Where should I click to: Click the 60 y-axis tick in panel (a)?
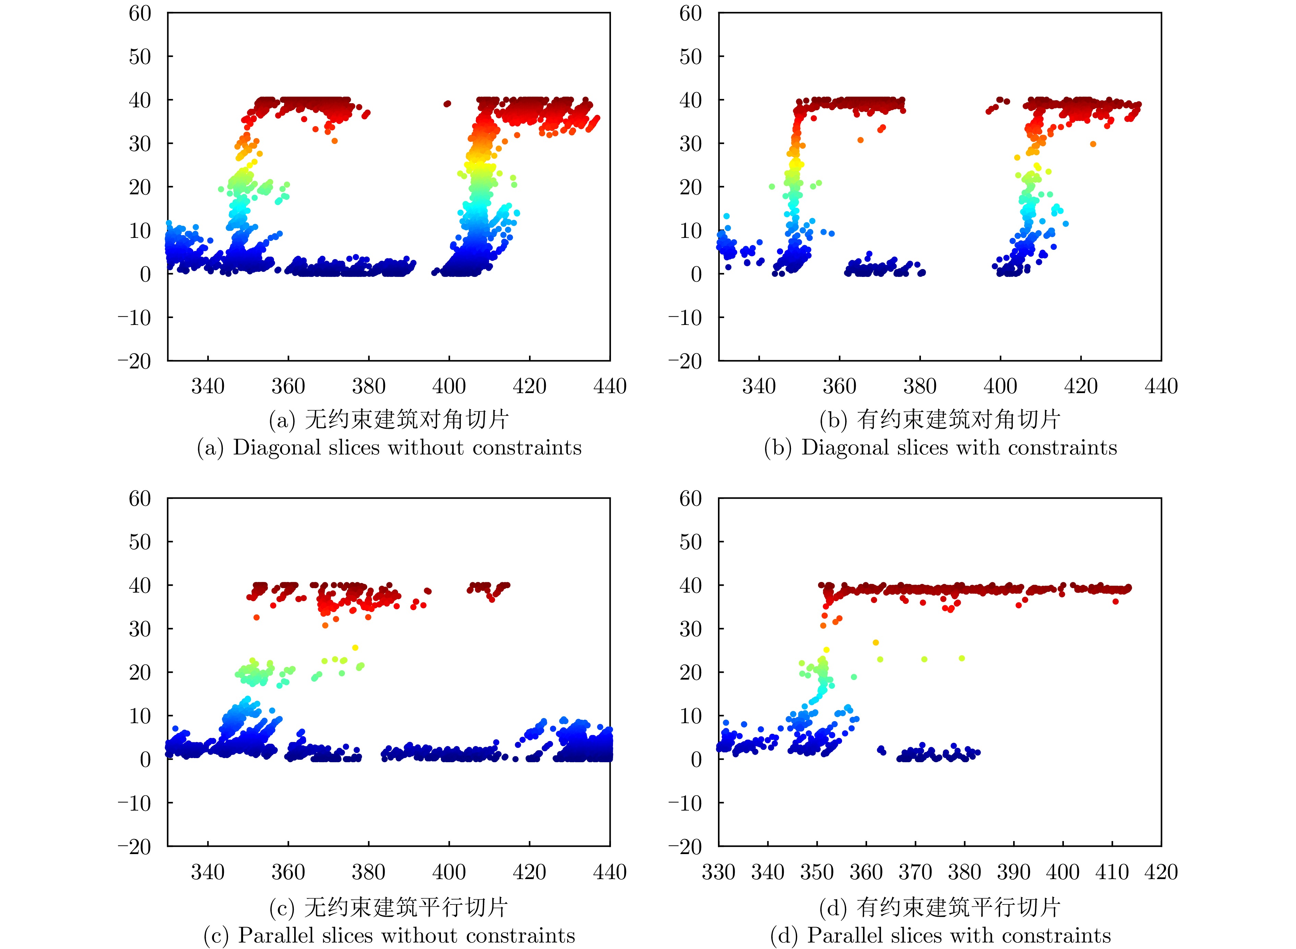coord(140,13)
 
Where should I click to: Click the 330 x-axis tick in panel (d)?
coord(718,872)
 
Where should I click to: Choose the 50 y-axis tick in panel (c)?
coord(140,542)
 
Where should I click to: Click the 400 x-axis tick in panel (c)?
coord(449,872)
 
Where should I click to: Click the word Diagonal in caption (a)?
coord(277,448)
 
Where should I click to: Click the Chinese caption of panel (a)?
coord(389,419)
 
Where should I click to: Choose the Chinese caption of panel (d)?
coord(940,907)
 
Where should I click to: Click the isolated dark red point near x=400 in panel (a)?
coord(447,104)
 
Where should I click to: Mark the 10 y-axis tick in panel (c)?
coord(140,716)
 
